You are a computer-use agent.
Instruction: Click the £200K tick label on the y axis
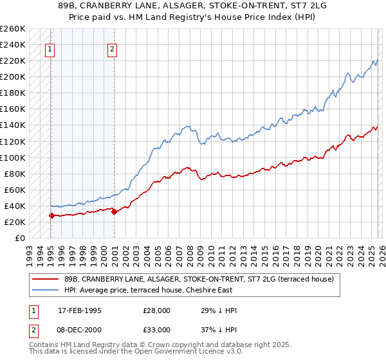(x=13, y=76)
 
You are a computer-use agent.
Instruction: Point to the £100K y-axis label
(x=13, y=157)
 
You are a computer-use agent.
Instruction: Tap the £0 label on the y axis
(x=19, y=238)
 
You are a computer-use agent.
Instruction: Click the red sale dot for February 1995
(x=51, y=215)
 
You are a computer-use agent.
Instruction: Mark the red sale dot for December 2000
(x=114, y=211)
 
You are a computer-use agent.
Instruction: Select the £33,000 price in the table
(x=156, y=330)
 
